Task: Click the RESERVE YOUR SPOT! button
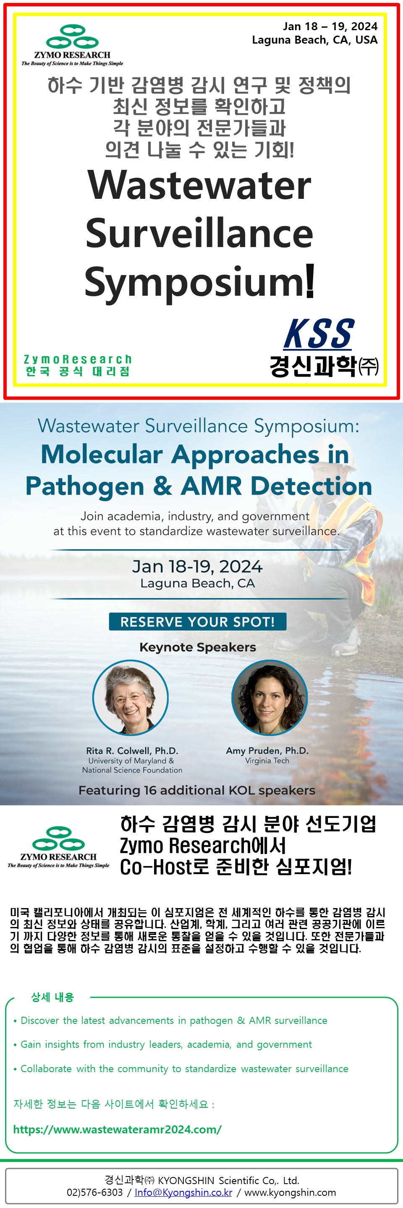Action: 198,621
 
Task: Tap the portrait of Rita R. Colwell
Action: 131,697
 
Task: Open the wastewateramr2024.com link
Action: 117,1129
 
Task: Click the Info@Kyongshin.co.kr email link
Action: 183,1192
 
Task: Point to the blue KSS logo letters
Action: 319,334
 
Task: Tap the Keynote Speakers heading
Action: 198,647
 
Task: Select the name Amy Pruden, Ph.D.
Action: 267,750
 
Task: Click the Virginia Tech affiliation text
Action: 267,760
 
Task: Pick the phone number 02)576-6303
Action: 95,1192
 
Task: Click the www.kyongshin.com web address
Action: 290,1192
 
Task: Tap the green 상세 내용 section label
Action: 52,997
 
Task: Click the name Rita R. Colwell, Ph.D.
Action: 132,750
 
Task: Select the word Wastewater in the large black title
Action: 199,185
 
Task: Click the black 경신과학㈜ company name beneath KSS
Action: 324,366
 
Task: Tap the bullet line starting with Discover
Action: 170,1021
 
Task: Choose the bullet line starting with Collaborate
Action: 181,1069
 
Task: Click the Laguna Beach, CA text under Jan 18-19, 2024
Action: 198,583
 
